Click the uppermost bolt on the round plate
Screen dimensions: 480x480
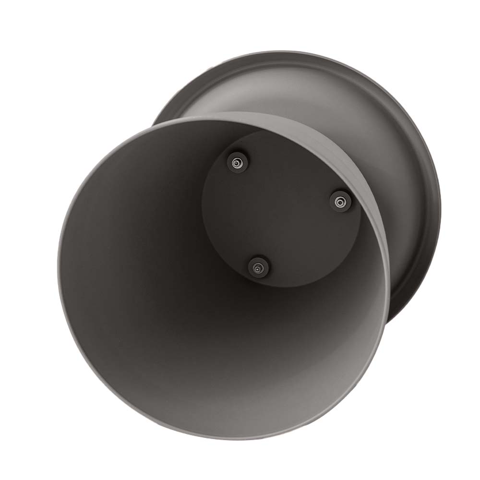click(x=237, y=162)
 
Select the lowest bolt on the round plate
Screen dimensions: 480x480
click(x=259, y=267)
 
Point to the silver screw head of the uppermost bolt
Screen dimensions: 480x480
click(x=236, y=164)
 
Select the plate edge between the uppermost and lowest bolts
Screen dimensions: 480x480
click(x=205, y=216)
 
